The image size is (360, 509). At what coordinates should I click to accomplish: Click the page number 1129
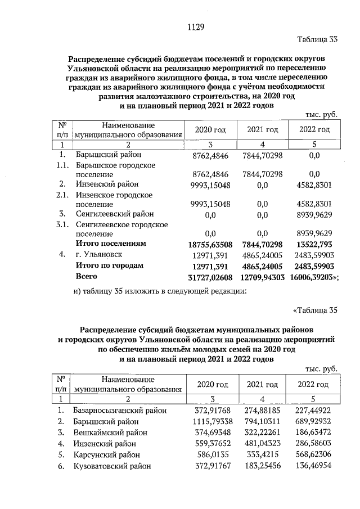pos(195,27)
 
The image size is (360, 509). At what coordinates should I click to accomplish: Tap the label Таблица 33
pos(317,39)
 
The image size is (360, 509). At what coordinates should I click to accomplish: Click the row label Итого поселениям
pos(110,244)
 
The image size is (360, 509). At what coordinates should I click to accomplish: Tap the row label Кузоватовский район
pos(112,466)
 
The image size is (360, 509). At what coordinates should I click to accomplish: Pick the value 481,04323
pos(263,444)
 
